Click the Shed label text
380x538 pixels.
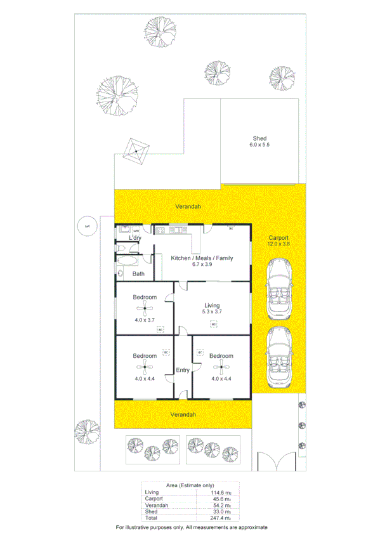coord(259,138)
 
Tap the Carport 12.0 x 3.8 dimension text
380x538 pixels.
coord(278,244)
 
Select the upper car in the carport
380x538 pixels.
coord(278,289)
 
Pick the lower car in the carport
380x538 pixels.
coord(278,357)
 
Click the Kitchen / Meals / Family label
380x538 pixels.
coord(202,258)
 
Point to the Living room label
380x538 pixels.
coord(211,305)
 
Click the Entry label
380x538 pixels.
coord(183,371)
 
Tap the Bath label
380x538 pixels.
coord(138,274)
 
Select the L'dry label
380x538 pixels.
coord(134,238)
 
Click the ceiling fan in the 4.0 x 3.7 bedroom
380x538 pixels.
coord(145,310)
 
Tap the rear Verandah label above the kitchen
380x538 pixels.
coord(188,207)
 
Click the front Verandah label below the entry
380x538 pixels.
coord(183,414)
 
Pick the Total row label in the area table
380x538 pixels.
coord(152,518)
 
